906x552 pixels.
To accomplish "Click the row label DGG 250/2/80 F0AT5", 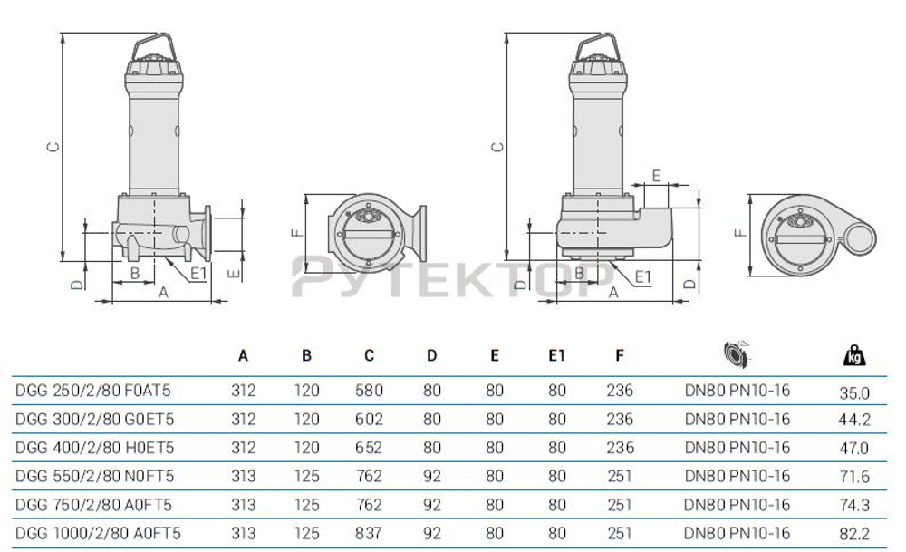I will click(x=93, y=392).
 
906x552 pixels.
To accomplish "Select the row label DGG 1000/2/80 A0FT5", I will click(x=98, y=533).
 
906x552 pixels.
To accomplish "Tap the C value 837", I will click(x=368, y=533).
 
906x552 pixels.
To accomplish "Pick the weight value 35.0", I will click(x=854, y=392).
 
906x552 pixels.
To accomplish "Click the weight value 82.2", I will click(x=854, y=534).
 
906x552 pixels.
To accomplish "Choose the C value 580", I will click(x=368, y=392).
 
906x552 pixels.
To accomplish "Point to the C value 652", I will click(x=368, y=448).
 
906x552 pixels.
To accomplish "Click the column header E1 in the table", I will click(x=556, y=355).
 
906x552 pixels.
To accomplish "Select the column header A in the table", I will click(x=243, y=355).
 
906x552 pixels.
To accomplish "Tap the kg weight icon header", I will click(x=853, y=354).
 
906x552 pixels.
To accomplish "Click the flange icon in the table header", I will click(x=736, y=353).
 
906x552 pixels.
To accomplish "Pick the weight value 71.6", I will click(x=854, y=477).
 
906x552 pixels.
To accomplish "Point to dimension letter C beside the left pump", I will click(x=53, y=146).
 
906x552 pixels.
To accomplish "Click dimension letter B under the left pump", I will click(x=133, y=272).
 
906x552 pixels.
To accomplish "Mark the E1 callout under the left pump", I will click(x=198, y=271).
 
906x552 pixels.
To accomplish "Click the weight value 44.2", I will click(x=854, y=421).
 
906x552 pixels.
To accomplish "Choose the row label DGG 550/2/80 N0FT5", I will click(x=94, y=476).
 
